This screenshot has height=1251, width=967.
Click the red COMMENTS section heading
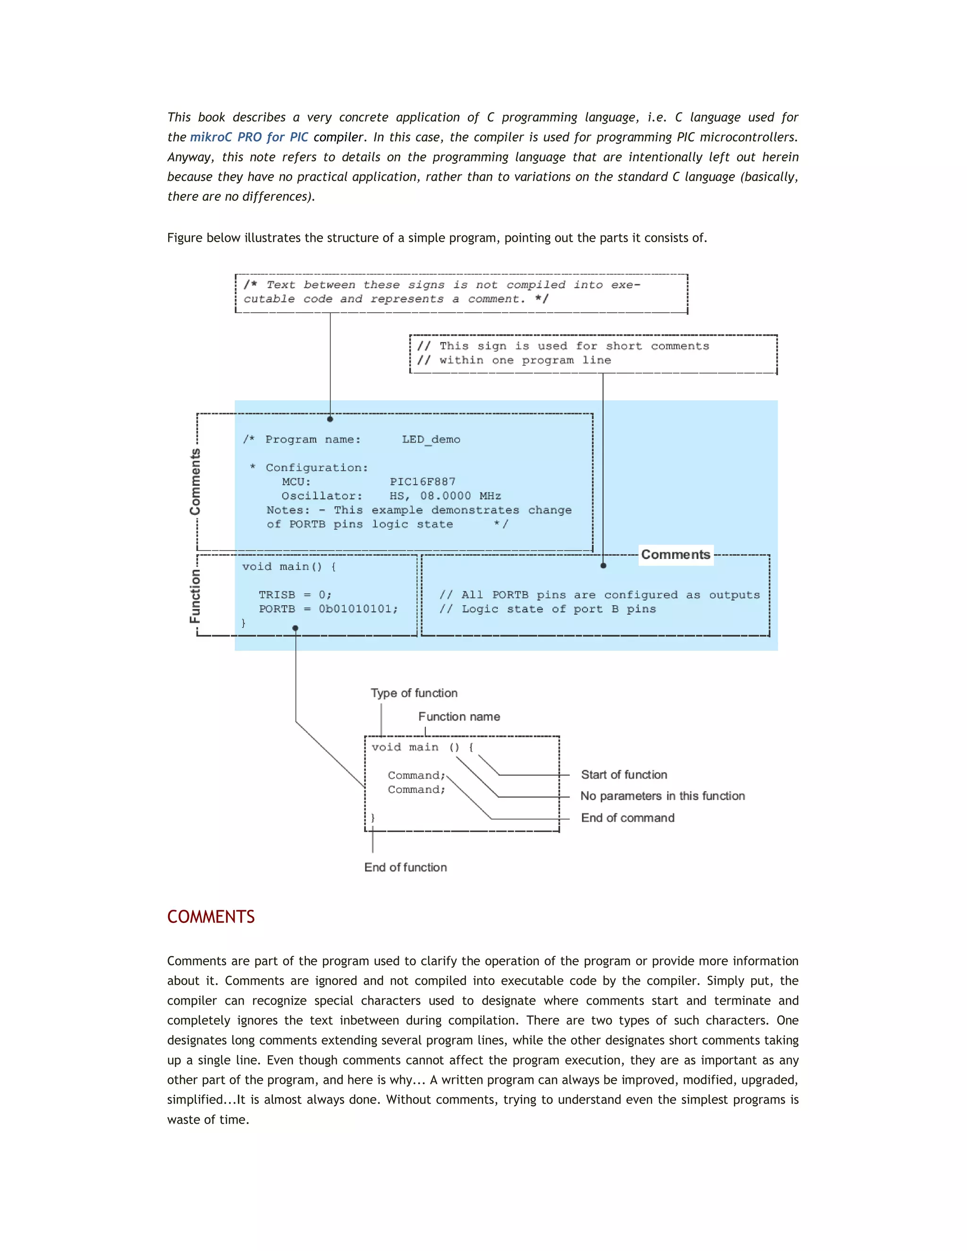point(210,917)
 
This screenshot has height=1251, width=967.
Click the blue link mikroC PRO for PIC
point(249,137)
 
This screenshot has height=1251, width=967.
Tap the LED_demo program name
point(431,440)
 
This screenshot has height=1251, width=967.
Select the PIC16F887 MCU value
point(422,482)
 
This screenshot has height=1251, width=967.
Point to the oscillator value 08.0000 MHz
point(460,496)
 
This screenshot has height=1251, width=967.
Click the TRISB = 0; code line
point(295,594)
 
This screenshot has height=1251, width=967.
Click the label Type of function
point(414,693)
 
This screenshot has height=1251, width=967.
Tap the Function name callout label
point(459,717)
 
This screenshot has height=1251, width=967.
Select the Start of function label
point(624,775)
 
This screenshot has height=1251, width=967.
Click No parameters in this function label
point(662,796)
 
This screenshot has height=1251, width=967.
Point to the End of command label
point(628,818)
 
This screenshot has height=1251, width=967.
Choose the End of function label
point(405,867)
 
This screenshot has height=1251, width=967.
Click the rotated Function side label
point(195,596)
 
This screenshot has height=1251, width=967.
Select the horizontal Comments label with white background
point(675,555)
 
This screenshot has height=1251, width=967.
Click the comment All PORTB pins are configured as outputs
point(599,595)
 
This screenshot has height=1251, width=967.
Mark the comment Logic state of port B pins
point(547,609)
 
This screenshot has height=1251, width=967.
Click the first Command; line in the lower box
point(416,776)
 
